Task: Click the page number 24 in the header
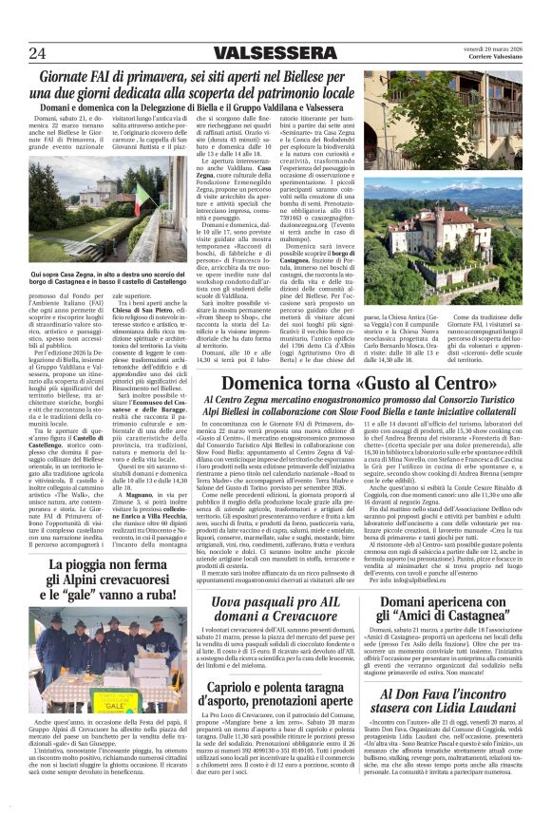click(x=40, y=52)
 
